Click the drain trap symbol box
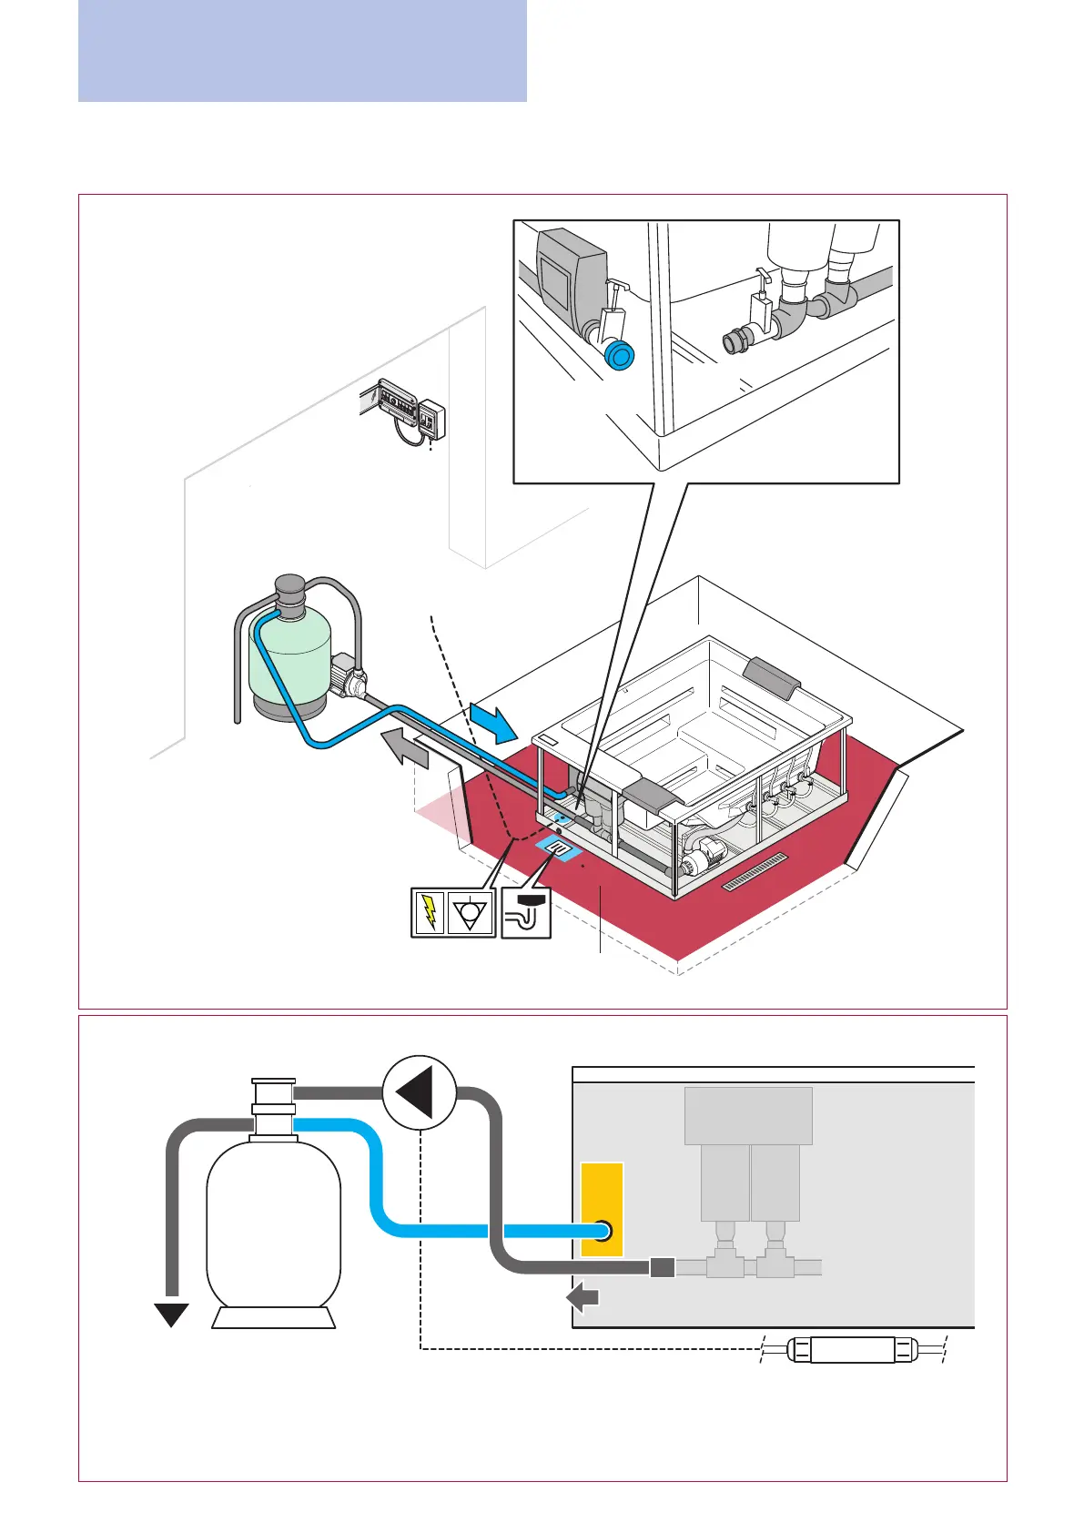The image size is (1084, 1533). [x=527, y=912]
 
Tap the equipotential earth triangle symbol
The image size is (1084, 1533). [x=471, y=912]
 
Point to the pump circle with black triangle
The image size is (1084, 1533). [x=419, y=1091]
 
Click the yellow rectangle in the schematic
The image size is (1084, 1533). [x=602, y=1209]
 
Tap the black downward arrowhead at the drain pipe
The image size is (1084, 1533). [x=171, y=1315]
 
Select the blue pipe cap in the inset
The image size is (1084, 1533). [x=620, y=355]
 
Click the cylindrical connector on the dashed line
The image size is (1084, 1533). [x=852, y=1349]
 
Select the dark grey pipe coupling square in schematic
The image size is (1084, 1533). [x=663, y=1267]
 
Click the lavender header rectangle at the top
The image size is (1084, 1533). [x=302, y=50]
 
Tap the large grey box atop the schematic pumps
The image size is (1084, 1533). [x=748, y=1115]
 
